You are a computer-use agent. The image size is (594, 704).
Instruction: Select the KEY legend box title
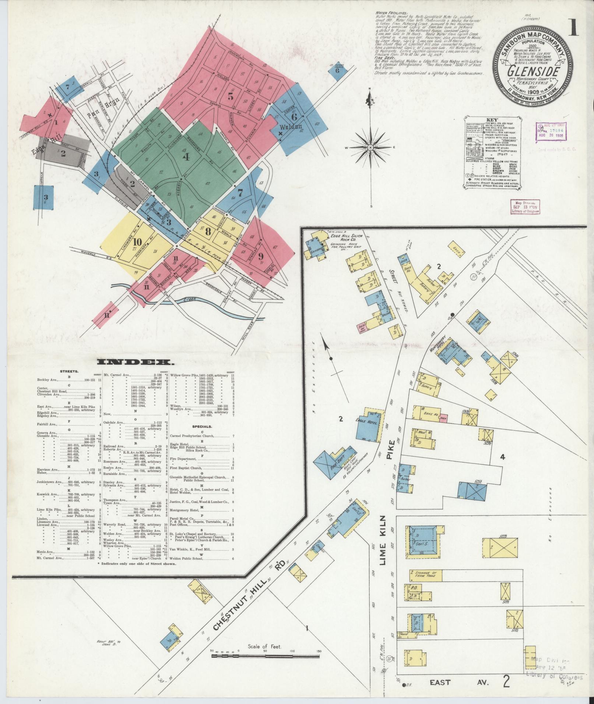(492, 120)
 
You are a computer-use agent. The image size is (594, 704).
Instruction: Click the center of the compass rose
(371, 147)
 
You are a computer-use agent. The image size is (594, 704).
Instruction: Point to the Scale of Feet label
(265, 646)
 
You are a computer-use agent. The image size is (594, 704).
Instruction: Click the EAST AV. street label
(458, 682)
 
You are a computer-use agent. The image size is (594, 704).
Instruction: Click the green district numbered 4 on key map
(186, 157)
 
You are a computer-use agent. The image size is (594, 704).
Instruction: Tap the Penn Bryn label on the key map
(98, 106)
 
